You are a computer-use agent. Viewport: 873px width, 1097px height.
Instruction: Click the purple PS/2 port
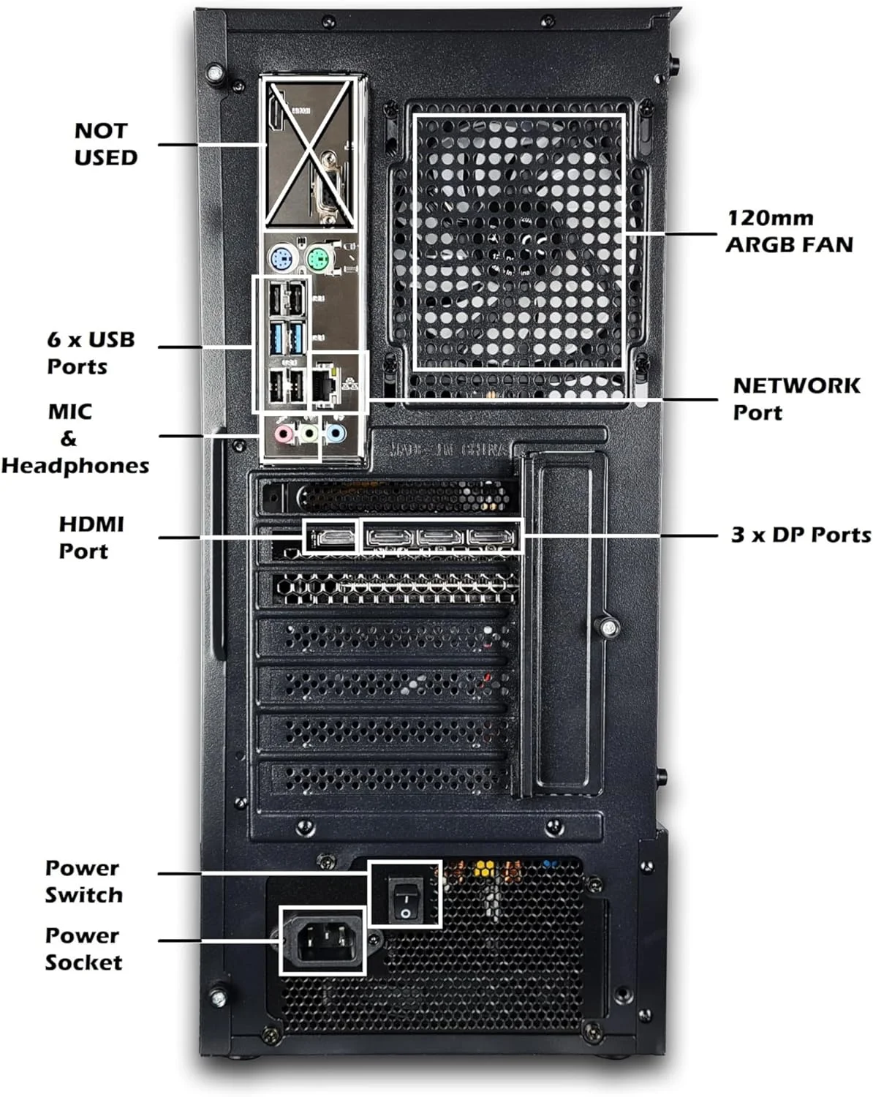pos(281,258)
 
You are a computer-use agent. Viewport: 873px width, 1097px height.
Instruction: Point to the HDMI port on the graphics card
pos(330,538)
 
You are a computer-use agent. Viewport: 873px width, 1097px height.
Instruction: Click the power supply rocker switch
pos(404,894)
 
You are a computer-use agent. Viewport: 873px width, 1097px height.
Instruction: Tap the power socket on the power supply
pos(322,941)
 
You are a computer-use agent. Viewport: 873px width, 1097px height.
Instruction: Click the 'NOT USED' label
pos(105,144)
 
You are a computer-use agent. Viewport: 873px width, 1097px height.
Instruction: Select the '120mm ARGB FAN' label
pos(789,230)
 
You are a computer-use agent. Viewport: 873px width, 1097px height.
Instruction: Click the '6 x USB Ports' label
pos(91,353)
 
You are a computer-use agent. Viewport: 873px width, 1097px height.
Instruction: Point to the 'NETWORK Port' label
pos(795,399)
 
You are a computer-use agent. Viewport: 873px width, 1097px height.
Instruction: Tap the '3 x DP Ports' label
pos(801,535)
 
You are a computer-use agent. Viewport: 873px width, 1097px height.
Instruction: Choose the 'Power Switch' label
pos(83,881)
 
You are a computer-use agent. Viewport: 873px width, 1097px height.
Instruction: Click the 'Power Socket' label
pos(83,949)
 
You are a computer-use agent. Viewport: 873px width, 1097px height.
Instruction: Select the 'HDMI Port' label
pos(91,537)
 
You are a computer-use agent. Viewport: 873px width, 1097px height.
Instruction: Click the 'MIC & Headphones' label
pos(75,438)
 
